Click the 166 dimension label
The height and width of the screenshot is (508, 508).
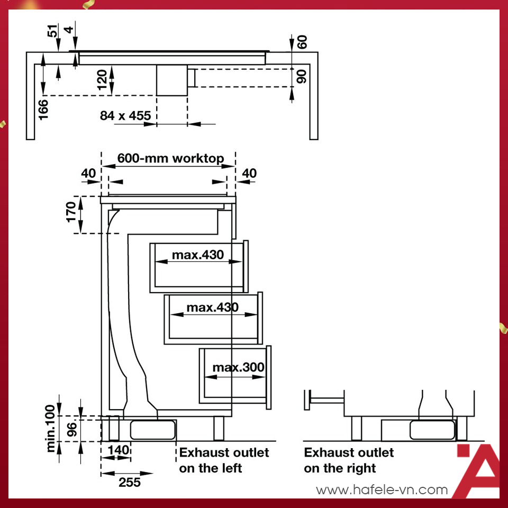pyautogui.click(x=43, y=110)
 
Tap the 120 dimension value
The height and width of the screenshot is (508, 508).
pyautogui.click(x=102, y=79)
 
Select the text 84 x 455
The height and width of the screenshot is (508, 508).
pyautogui.click(x=125, y=116)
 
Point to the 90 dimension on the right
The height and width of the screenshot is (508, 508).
pyautogui.click(x=302, y=76)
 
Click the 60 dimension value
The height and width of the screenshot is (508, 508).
pyautogui.click(x=302, y=42)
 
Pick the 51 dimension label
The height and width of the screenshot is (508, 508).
pyautogui.click(x=53, y=31)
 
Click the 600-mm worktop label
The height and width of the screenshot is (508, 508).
pyautogui.click(x=170, y=158)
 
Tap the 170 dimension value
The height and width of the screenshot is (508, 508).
pyautogui.click(x=70, y=212)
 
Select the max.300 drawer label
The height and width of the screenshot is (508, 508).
pyautogui.click(x=238, y=367)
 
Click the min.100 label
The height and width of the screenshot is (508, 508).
pyautogui.click(x=51, y=428)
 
